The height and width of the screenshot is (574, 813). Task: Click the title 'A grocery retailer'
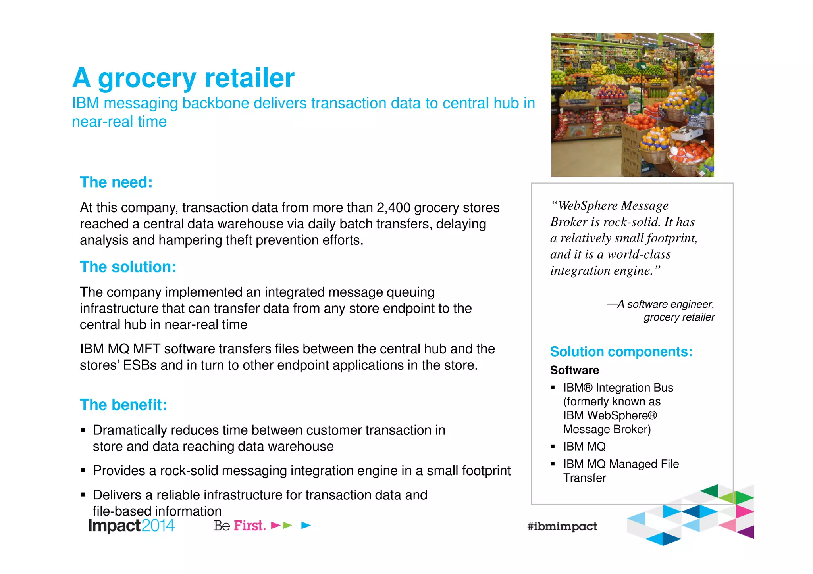(183, 78)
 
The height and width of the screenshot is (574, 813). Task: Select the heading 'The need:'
(116, 182)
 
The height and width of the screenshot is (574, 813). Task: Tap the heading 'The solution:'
(128, 267)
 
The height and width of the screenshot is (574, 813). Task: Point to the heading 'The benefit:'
(123, 405)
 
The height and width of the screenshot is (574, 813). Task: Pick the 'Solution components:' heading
(621, 352)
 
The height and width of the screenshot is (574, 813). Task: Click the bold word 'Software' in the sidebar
(574, 371)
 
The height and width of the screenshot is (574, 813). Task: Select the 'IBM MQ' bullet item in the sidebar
(584, 447)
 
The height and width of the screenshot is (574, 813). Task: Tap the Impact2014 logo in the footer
(131, 526)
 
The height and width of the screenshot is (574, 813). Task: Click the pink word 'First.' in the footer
(249, 526)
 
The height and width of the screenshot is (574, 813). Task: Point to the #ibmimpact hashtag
(562, 526)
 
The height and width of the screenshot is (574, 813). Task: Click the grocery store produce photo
(632, 105)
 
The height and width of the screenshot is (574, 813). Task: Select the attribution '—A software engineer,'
(660, 304)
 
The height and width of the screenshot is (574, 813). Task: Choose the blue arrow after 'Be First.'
(306, 526)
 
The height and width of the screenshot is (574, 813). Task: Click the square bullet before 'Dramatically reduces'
(83, 430)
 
